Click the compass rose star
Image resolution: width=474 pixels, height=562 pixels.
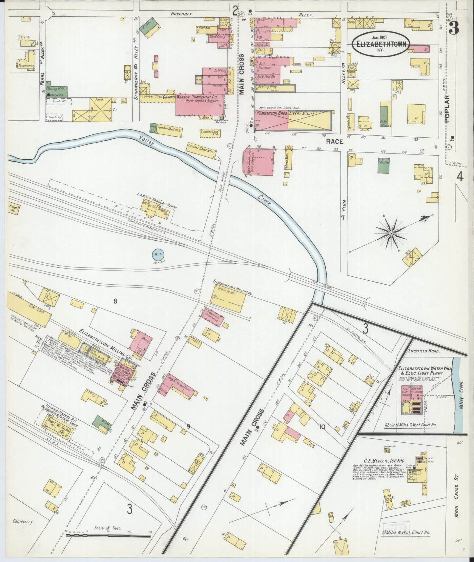tap(391, 233)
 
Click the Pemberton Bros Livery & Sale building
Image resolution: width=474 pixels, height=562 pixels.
tap(293, 121)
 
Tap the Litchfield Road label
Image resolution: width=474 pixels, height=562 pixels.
tap(423, 351)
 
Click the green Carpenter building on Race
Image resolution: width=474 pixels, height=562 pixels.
tap(383, 165)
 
